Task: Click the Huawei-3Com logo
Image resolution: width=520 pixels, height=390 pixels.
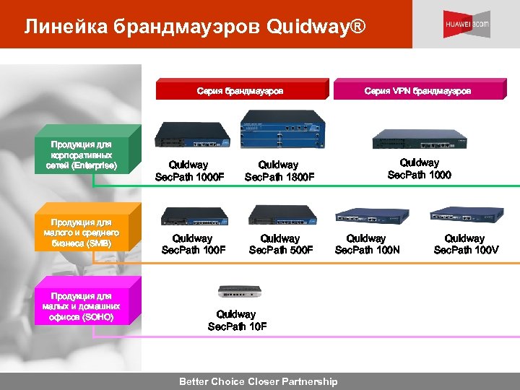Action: (x=466, y=25)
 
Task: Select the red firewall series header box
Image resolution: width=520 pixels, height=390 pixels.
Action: (x=240, y=90)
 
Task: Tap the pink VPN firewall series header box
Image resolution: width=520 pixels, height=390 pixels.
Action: (x=417, y=90)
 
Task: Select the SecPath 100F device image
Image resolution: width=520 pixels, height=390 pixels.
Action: (x=194, y=214)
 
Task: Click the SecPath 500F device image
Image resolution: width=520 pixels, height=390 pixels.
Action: (x=279, y=214)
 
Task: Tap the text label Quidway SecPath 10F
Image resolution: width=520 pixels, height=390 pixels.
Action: (x=237, y=320)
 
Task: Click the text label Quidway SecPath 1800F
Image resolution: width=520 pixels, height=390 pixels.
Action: (x=279, y=171)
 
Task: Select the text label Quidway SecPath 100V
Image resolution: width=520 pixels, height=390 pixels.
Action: (x=465, y=244)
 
